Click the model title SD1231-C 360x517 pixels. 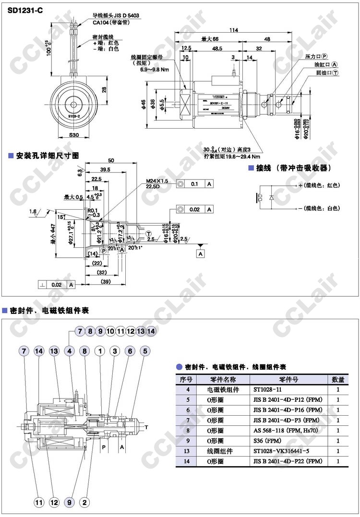pyautogui.click(x=25, y=8)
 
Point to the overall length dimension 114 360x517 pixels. pyautogui.click(x=233, y=30)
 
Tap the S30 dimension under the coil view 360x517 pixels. pyautogui.click(x=73, y=135)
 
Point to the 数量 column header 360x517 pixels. pyautogui.click(x=338, y=379)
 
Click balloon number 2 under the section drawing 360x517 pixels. pyautogui.click(x=85, y=503)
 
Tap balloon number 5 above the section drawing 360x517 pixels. pyautogui.click(x=144, y=351)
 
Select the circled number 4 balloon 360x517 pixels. pyautogui.click(x=70, y=351)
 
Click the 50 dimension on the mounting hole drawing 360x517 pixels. pyautogui.click(x=111, y=161)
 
